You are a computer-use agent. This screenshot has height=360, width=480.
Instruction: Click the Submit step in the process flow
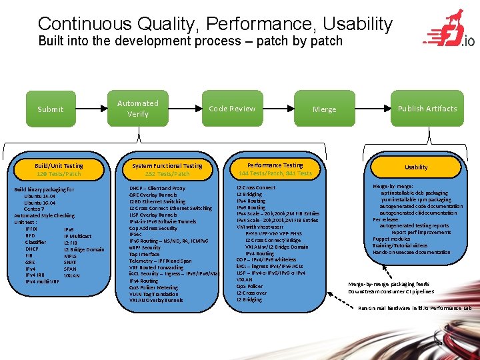(x=51, y=109)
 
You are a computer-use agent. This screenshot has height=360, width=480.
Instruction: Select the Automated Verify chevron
(x=138, y=109)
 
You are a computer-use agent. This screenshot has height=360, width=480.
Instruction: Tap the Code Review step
(x=232, y=109)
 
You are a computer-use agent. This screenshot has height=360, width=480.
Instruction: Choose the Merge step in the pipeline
(x=324, y=109)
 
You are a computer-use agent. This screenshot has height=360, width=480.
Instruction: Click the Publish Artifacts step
(x=427, y=109)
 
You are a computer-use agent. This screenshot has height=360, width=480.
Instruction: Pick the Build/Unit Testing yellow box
(x=59, y=169)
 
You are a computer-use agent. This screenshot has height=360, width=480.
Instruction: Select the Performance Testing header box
(x=275, y=169)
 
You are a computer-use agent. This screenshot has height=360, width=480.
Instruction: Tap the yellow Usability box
(x=416, y=167)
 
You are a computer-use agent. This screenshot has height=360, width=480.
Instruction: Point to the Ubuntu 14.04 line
(x=39, y=197)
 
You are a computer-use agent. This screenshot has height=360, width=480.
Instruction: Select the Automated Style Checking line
(x=44, y=216)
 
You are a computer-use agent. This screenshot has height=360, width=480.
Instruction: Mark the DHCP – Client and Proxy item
(x=157, y=189)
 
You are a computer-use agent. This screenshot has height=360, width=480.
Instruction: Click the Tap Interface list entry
(x=145, y=255)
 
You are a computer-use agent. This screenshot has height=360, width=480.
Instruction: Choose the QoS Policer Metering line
(x=154, y=287)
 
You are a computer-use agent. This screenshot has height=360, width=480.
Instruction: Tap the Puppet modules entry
(x=391, y=239)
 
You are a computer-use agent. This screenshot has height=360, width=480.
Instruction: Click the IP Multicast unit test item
(x=77, y=236)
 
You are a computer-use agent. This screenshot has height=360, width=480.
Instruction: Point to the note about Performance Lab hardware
(x=414, y=308)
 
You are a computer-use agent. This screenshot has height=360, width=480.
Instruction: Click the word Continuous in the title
(x=84, y=24)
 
